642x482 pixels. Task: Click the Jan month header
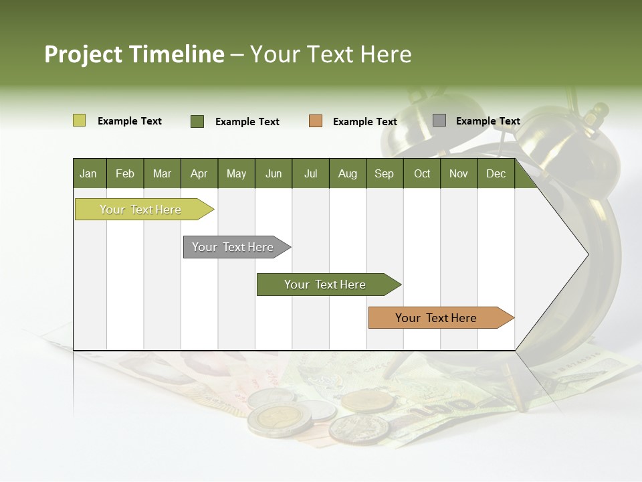click(x=88, y=173)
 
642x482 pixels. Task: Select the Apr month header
click(x=199, y=173)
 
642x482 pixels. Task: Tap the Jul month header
click(x=310, y=173)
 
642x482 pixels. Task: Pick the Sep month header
click(x=384, y=173)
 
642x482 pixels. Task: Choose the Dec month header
click(x=496, y=173)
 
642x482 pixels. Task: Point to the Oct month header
click(x=422, y=173)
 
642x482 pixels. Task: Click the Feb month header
click(x=125, y=173)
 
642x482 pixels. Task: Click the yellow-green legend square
click(x=79, y=120)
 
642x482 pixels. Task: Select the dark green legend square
click(x=197, y=121)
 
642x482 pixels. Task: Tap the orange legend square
click(x=316, y=121)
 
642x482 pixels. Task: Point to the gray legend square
click(x=439, y=120)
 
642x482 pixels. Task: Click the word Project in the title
click(x=83, y=54)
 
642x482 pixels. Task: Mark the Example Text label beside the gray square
click(x=488, y=121)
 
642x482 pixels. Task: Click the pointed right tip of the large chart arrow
click(x=586, y=254)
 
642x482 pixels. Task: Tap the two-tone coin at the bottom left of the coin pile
click(x=271, y=421)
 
